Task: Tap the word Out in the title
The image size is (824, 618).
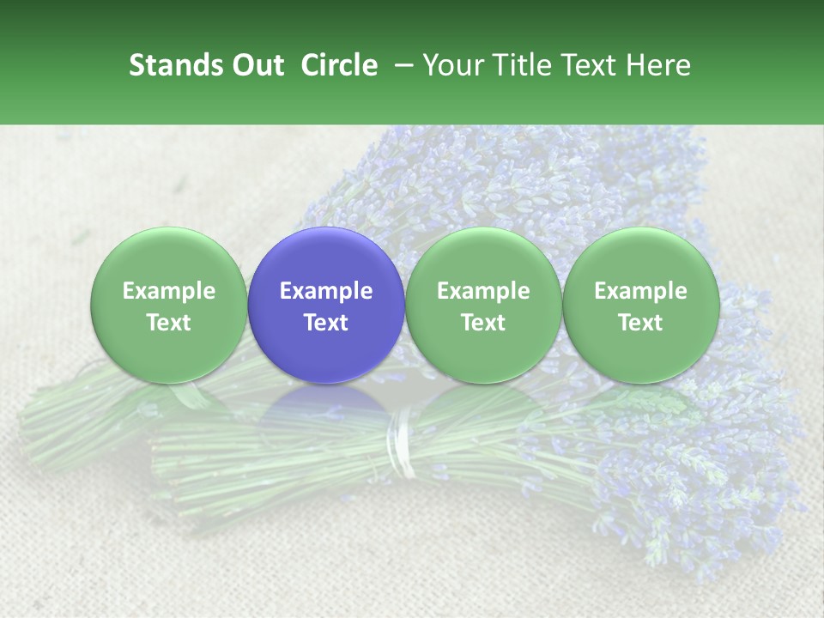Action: [x=256, y=65]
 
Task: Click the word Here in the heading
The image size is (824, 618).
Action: [x=660, y=65]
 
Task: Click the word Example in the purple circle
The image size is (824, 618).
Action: [x=326, y=291]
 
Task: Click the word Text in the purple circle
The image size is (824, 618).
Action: [x=326, y=323]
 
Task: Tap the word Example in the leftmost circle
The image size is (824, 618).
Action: [x=168, y=291]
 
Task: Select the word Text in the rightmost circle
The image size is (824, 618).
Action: [x=640, y=323]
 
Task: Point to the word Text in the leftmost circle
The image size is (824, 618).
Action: [x=168, y=323]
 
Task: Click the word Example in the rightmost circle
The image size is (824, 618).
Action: [x=640, y=291]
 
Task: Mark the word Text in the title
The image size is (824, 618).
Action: [x=591, y=65]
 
